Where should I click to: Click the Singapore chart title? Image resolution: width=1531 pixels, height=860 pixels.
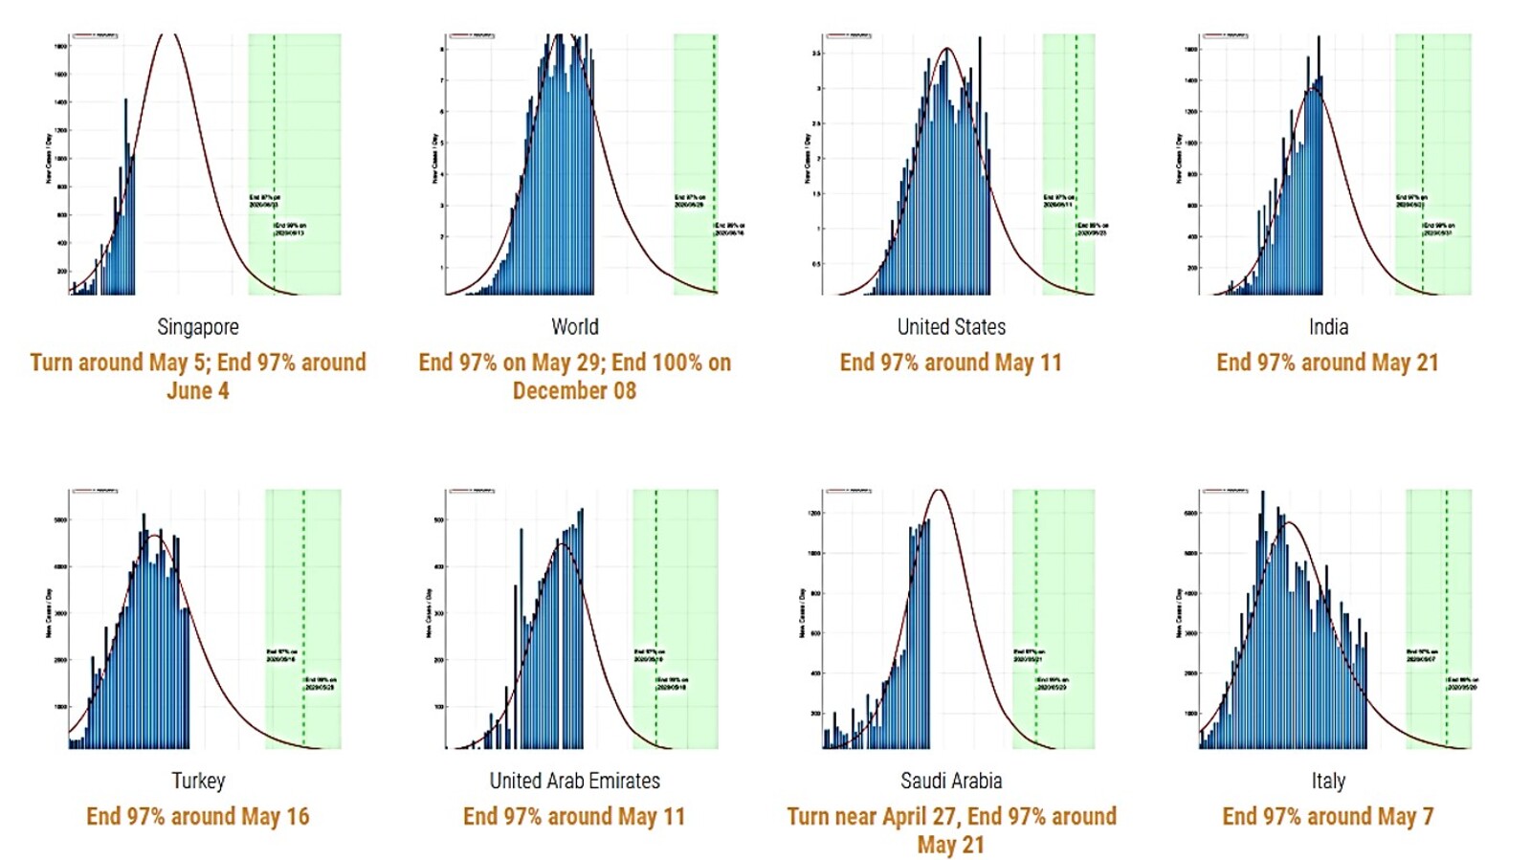pos(198,327)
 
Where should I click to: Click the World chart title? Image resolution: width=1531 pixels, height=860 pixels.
pos(574,327)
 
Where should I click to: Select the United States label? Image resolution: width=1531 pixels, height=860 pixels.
pos(951,327)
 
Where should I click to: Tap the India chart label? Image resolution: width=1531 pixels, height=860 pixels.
pos(1328,327)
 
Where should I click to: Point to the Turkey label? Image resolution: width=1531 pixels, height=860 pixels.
pos(198,781)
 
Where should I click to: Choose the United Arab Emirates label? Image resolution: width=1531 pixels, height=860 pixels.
pos(574,781)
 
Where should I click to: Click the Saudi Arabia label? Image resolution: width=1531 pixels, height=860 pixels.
pos(951,781)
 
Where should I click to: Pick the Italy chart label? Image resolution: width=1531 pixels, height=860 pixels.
pos(1328,781)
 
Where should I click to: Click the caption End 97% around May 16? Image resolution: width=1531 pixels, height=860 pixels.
pos(198,817)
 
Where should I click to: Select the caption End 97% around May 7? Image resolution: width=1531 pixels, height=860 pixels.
pos(1328,817)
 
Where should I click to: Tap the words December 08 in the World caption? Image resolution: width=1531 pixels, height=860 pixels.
pos(574,391)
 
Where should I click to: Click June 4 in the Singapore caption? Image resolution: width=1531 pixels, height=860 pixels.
pos(198,391)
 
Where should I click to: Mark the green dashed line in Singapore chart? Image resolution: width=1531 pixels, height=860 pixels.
pos(274,143)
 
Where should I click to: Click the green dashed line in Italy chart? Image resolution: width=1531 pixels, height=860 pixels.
pos(1446,593)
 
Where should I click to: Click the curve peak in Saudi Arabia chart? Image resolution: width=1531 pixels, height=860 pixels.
pos(940,491)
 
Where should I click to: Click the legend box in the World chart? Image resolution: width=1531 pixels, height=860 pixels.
pos(472,36)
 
